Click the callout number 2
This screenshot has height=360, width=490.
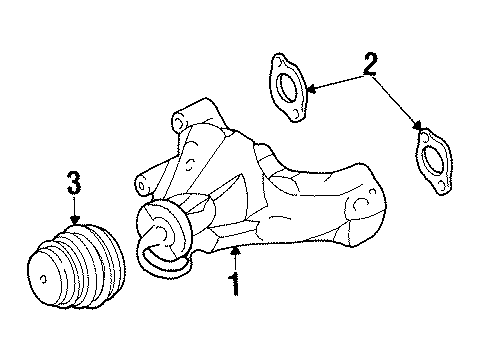371,67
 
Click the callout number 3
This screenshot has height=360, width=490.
74,183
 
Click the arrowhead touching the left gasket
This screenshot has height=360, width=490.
309,91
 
